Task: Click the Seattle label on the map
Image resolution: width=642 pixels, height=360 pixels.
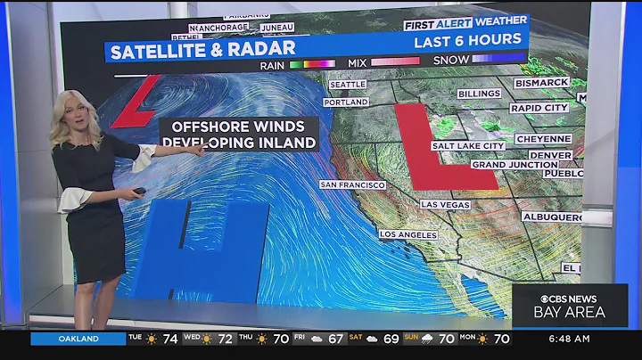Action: click(348, 85)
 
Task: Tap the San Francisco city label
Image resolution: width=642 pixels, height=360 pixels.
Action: click(353, 184)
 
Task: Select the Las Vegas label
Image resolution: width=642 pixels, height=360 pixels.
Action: click(445, 204)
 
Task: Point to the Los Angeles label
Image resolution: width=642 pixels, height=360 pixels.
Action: click(408, 234)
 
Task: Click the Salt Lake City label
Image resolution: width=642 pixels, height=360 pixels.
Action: click(468, 145)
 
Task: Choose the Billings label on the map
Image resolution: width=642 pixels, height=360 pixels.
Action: click(480, 94)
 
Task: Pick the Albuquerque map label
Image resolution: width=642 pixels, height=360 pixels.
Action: click(553, 217)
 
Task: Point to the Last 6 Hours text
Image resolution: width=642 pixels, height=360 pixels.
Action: click(467, 40)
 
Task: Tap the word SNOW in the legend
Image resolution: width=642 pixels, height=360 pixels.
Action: click(451, 61)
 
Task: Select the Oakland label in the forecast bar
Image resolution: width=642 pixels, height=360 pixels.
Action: click(78, 339)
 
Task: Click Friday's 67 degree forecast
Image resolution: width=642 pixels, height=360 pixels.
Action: click(336, 339)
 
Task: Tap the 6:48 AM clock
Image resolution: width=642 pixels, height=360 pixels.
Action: click(569, 339)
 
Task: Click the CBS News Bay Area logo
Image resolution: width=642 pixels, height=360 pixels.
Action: click(569, 305)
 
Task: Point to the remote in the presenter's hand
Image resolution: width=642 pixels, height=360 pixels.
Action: click(139, 190)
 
